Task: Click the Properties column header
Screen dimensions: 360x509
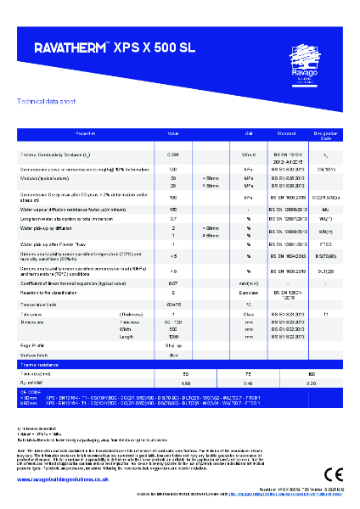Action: coord(87,134)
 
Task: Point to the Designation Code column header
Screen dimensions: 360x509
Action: coord(325,134)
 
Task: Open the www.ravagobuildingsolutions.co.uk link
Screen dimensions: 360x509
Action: coord(58,479)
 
